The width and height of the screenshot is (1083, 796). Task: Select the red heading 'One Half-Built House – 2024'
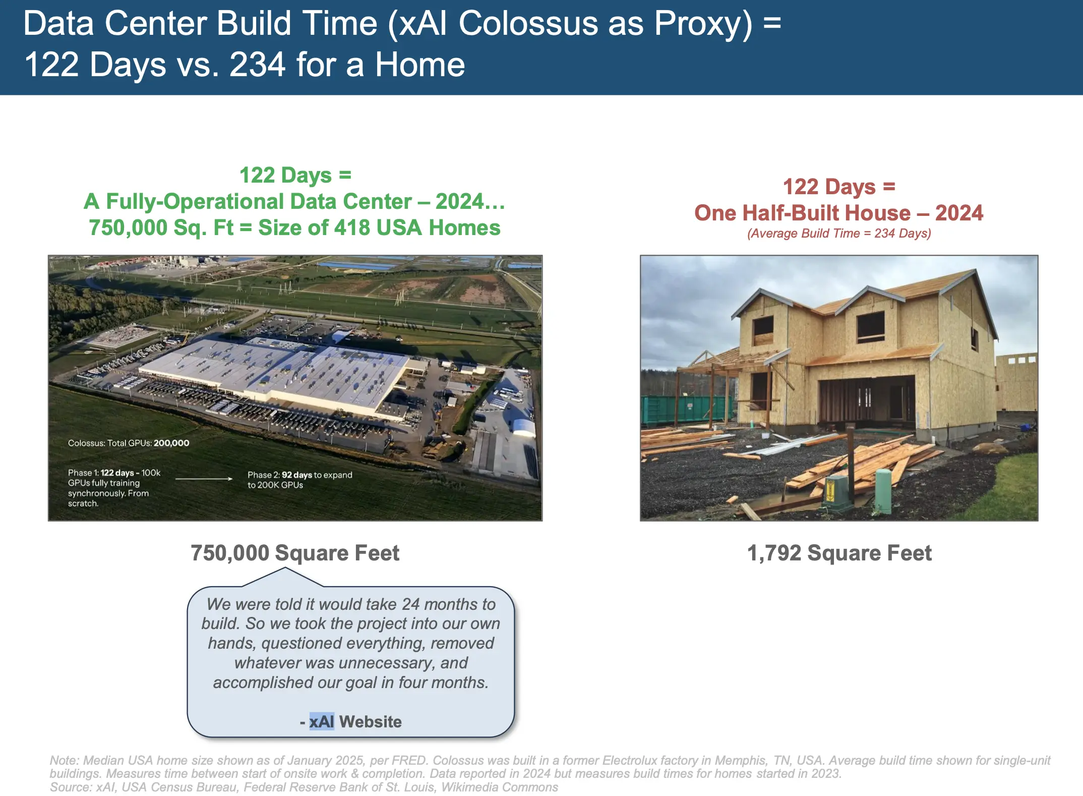click(x=838, y=213)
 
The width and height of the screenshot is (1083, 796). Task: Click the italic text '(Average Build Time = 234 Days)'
click(x=839, y=233)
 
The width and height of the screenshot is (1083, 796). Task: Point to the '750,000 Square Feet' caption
click(x=295, y=553)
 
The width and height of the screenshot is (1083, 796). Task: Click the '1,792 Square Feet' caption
click(x=839, y=553)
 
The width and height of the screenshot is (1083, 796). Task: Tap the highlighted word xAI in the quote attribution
click(x=322, y=721)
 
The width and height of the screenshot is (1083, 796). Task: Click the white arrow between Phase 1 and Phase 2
click(x=204, y=479)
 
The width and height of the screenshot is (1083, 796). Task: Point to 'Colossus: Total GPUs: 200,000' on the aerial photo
click(x=129, y=443)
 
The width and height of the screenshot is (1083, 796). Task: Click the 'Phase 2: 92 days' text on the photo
click(x=280, y=475)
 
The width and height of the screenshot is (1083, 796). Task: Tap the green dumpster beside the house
click(x=686, y=408)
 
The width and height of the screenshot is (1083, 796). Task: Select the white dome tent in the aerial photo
click(x=523, y=428)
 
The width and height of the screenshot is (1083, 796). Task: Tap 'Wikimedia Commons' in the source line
click(x=500, y=787)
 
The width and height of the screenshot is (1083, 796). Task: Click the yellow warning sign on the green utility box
click(x=829, y=489)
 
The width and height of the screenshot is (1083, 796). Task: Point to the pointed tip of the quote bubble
click(x=285, y=568)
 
